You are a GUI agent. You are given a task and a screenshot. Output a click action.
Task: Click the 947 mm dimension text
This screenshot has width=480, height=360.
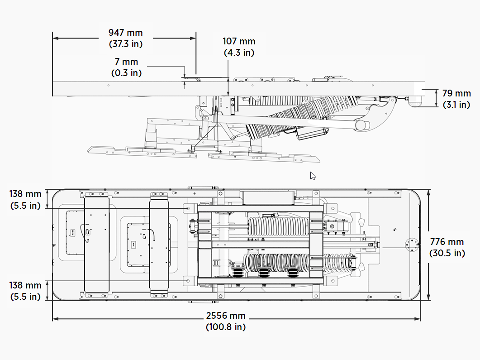pos(125,33)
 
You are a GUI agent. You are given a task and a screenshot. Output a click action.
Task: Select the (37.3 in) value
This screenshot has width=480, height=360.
pos(125,44)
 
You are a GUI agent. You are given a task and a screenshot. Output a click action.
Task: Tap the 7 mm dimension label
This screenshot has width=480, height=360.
pos(126,62)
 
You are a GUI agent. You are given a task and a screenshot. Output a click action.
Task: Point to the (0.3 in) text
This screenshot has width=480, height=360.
pos(126,73)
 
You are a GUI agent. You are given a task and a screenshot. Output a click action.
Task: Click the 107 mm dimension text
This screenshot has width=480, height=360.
pos(239,41)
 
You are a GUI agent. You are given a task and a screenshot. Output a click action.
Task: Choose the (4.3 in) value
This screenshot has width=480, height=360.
pos(239,53)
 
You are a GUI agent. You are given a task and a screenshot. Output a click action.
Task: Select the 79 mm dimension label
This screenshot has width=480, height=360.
pos(456,93)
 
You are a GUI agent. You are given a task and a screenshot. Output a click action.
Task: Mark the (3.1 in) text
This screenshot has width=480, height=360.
pos(456,105)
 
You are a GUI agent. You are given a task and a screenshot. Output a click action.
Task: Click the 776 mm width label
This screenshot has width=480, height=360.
pos(447,241)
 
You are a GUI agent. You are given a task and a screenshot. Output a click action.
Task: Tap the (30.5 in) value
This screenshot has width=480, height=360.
pos(447,253)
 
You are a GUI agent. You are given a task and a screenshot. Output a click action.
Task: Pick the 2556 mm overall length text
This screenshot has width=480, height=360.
pos(226,316)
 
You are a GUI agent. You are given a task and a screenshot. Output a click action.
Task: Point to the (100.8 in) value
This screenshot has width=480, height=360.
pos(226,327)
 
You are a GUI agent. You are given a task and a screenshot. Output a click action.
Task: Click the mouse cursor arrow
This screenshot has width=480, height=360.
pos(313,176)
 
